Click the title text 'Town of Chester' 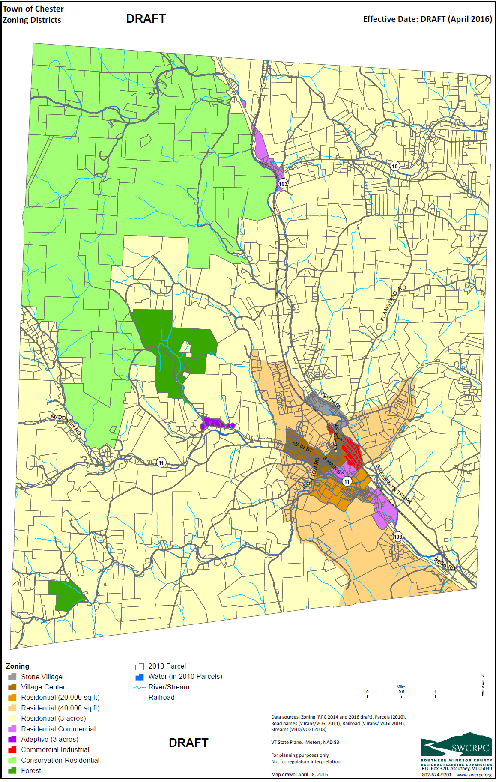click(x=33, y=9)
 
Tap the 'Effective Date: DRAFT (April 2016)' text click(x=427, y=19)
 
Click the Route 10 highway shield click(x=394, y=166)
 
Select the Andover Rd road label click(x=66, y=424)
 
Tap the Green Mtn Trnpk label click(x=393, y=484)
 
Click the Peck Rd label click(x=444, y=564)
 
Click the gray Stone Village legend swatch click(x=12, y=677)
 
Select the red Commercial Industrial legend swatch click(x=12, y=749)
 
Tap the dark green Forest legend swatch click(x=12, y=770)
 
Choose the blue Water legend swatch click(x=139, y=677)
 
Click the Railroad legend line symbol click(x=139, y=698)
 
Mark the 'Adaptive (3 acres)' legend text click(x=50, y=739)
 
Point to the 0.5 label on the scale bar click(x=401, y=692)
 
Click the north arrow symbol click(x=483, y=685)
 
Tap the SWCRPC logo click(x=456, y=745)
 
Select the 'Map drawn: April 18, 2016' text click(x=299, y=774)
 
